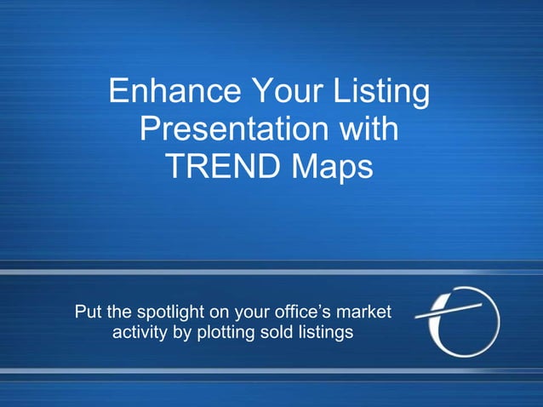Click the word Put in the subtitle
[x=89, y=312]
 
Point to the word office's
[x=310, y=312]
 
